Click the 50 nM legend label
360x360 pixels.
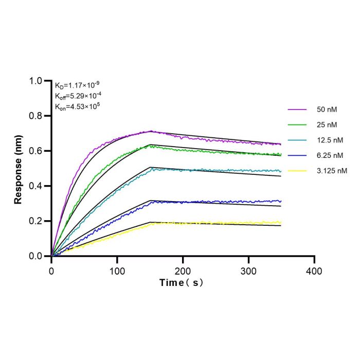(x=327, y=110)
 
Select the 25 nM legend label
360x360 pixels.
(x=327, y=125)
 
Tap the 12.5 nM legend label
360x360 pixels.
(x=330, y=140)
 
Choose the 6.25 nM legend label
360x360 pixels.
(x=330, y=156)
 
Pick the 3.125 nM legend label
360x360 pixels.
(x=332, y=171)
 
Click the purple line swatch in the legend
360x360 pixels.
(x=297, y=110)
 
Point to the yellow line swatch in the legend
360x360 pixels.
(x=297, y=171)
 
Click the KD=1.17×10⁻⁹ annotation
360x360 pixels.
(x=77, y=85)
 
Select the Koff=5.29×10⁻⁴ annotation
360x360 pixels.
(x=78, y=96)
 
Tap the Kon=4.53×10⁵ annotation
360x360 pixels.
(x=77, y=106)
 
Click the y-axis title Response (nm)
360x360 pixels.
(x=18, y=170)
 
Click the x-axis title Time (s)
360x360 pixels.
(x=181, y=283)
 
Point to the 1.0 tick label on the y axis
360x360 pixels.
(x=35, y=81)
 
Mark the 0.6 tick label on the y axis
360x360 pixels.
(x=35, y=151)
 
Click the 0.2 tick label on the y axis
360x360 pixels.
(x=35, y=221)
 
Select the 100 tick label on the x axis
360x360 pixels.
(x=117, y=272)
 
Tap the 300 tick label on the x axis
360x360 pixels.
(x=248, y=272)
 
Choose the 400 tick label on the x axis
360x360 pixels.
(x=314, y=272)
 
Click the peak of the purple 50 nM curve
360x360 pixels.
(x=151, y=131)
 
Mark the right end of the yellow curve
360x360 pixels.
(x=281, y=222)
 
